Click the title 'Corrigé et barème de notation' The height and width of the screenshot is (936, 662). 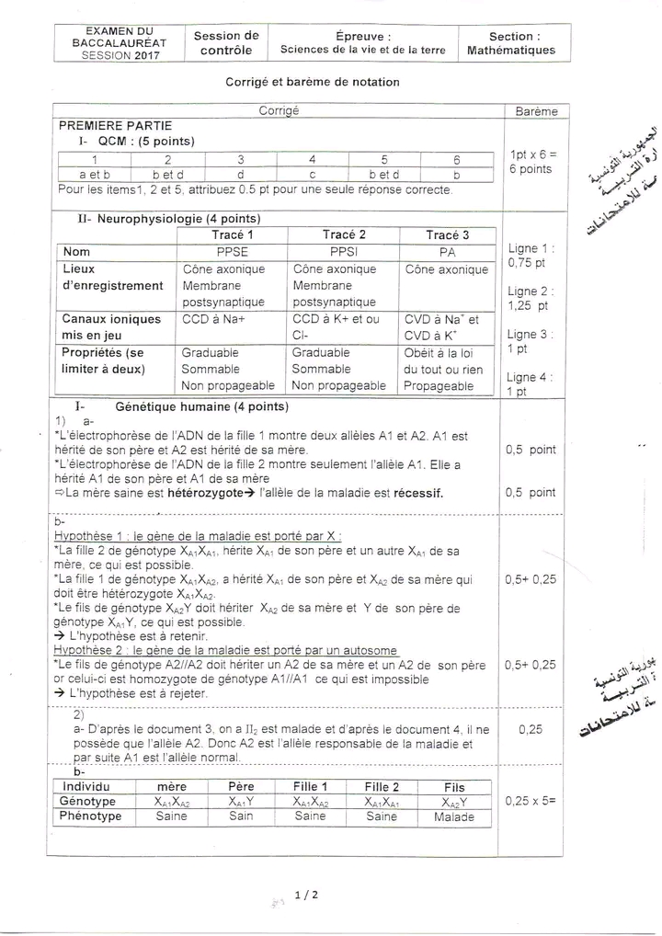pos(313,82)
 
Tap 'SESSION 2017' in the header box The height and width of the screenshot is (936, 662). pos(120,55)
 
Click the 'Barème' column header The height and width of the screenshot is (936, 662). pos(537,111)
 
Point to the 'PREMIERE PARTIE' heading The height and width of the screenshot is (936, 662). pos(116,126)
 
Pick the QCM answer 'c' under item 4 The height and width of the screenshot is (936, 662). pos(313,173)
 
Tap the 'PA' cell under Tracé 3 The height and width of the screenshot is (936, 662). pos(447,251)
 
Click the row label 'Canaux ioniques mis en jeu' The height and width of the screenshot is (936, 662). pos(111,326)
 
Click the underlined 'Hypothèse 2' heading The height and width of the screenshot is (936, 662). pos(225,649)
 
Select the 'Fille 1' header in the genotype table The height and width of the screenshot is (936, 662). pos(311,787)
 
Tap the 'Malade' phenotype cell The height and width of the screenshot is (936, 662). pos(453,816)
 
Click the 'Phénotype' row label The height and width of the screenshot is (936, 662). pos(91,816)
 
